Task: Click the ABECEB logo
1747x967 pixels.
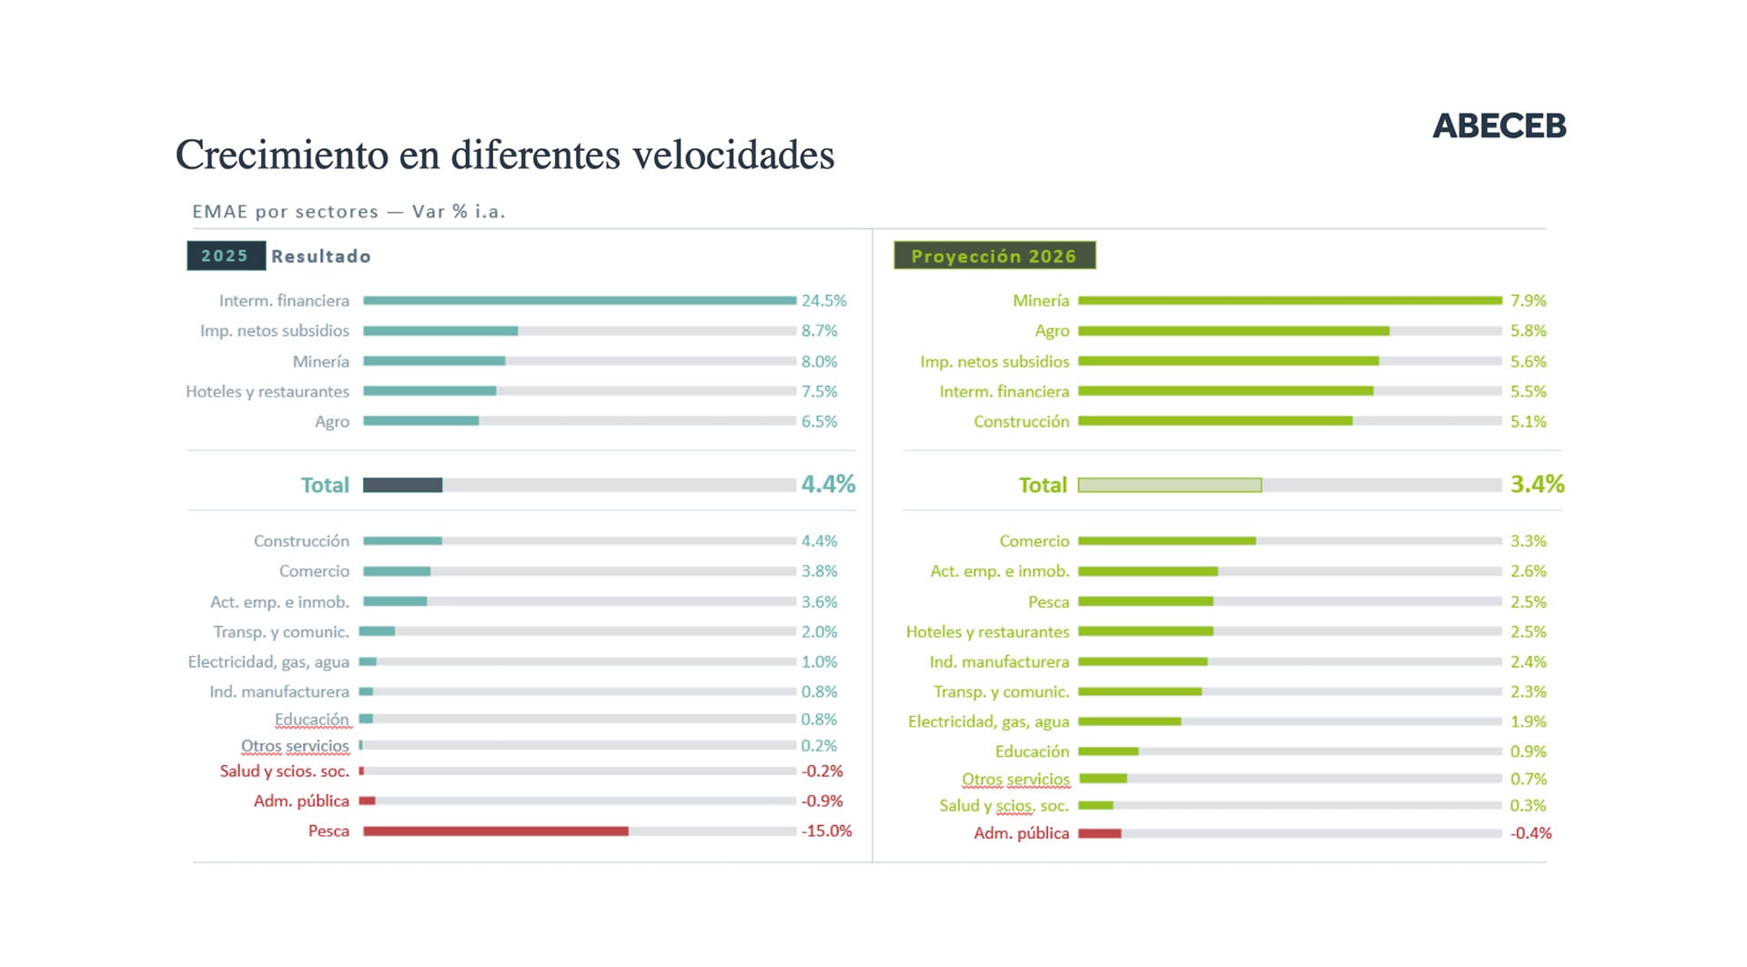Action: (x=1499, y=126)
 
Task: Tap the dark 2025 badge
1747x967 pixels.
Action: (x=226, y=256)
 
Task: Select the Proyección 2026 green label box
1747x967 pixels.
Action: (x=994, y=256)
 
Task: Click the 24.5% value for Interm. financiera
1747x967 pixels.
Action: (x=823, y=300)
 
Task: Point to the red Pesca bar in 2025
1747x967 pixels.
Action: (x=495, y=831)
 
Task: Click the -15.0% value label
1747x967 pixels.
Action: (x=826, y=831)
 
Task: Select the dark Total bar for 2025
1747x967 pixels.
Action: (x=402, y=486)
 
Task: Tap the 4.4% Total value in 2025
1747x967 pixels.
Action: (x=828, y=484)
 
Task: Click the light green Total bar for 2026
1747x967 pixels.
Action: (x=1169, y=486)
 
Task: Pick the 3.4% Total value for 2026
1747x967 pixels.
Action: (x=1537, y=484)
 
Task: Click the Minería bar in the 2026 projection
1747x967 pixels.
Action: (x=1289, y=300)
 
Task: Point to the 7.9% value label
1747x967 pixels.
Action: (x=1528, y=300)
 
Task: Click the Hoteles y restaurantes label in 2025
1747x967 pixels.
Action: (x=268, y=392)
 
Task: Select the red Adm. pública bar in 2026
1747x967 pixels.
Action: (x=1099, y=833)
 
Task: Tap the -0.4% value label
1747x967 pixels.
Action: (x=1530, y=833)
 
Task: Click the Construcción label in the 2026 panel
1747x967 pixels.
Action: (x=1021, y=422)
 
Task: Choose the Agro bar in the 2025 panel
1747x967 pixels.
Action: (x=420, y=421)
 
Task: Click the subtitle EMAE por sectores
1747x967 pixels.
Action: (x=285, y=212)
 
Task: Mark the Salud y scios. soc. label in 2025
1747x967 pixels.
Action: (x=284, y=771)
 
